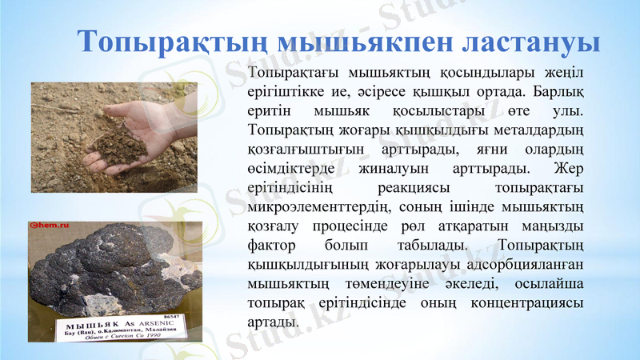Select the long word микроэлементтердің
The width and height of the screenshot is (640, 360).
(x=315, y=207)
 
